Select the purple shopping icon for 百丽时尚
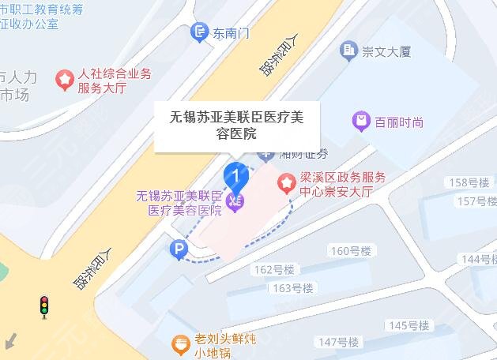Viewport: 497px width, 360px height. coord(360,122)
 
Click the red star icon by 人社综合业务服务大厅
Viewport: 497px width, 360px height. coord(62,79)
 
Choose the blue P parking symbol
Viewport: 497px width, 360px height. coord(179,250)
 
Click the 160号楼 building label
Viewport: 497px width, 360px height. coord(352,251)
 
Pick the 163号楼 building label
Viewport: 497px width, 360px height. coord(292,287)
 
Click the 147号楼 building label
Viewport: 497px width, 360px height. coord(337,342)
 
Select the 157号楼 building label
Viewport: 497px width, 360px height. coord(477,201)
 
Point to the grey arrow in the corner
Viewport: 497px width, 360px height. coord(10,341)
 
